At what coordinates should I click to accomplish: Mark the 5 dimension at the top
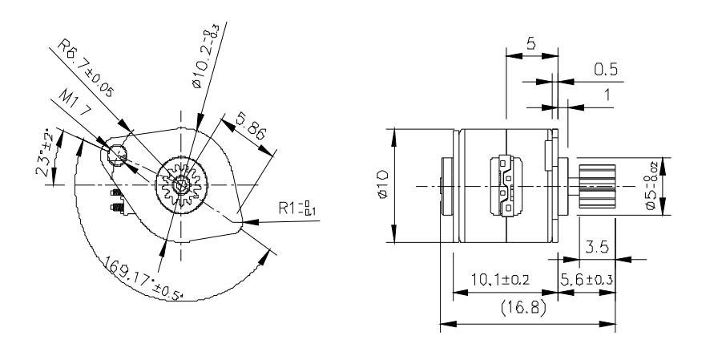tap(530, 45)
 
